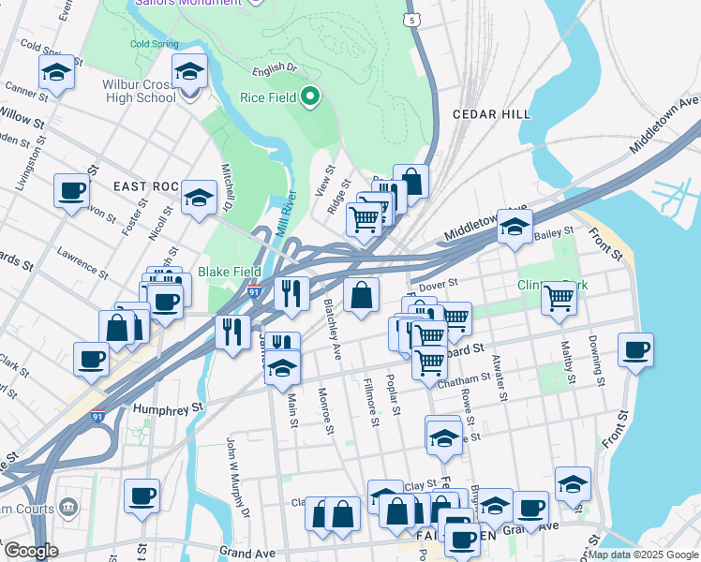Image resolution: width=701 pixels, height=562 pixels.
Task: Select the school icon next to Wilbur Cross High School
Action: pyautogui.click(x=190, y=71)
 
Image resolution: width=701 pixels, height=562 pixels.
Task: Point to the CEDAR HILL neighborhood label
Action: pyautogui.click(x=492, y=113)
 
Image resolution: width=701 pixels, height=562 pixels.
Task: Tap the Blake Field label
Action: pyautogui.click(x=229, y=272)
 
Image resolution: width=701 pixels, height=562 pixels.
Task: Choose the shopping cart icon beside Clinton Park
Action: pyautogui.click(x=559, y=299)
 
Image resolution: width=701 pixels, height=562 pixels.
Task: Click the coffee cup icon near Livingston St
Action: pyautogui.click(x=71, y=192)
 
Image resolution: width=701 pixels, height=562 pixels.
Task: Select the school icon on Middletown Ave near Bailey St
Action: pyautogui.click(x=514, y=227)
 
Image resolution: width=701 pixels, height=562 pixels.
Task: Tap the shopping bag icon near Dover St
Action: pyautogui.click(x=361, y=296)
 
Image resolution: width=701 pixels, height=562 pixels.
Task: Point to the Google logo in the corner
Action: pyautogui.click(x=30, y=551)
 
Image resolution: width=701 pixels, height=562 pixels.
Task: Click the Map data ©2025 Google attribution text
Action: pyautogui.click(x=643, y=555)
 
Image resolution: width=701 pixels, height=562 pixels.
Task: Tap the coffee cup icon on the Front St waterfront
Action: pyautogui.click(x=635, y=350)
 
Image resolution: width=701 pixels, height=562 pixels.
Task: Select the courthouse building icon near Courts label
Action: pyautogui.click(x=67, y=507)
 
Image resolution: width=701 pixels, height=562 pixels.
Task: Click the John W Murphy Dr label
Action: pyautogui.click(x=237, y=477)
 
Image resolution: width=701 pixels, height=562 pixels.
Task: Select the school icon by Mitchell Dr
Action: pyautogui.click(x=198, y=198)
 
